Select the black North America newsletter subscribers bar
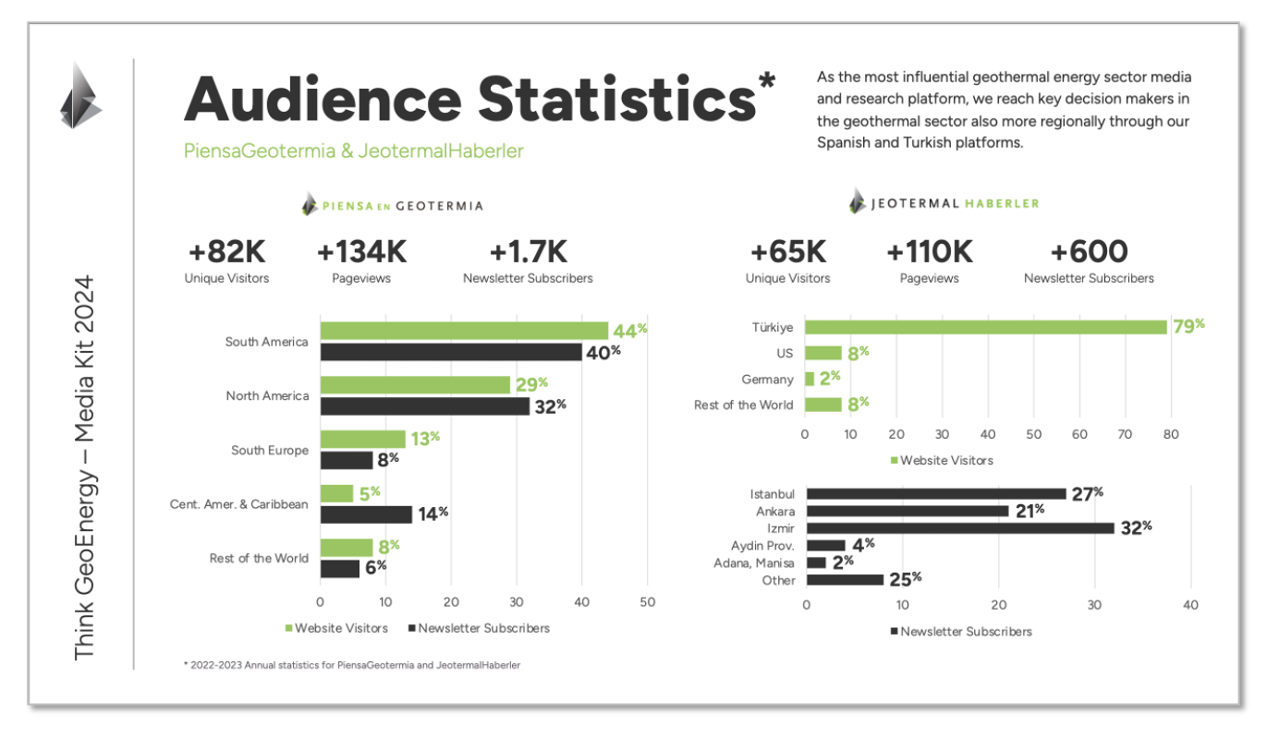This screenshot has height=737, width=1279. (424, 405)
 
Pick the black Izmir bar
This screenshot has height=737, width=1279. (960, 528)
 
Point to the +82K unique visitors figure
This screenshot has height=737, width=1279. (226, 252)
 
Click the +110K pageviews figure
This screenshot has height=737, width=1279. (929, 252)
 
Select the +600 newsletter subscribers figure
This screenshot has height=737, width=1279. (1089, 252)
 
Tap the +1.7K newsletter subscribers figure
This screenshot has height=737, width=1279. (528, 252)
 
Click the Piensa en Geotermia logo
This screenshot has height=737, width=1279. (392, 205)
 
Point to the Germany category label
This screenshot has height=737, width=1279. (767, 380)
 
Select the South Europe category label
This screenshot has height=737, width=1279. (270, 450)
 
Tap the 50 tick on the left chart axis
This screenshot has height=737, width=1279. (647, 602)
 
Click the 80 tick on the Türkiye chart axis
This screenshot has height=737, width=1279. (1170, 433)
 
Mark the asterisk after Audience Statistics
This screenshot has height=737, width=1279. (766, 82)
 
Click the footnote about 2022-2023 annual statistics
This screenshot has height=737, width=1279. (352, 664)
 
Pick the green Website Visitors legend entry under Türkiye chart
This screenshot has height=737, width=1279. (941, 460)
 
